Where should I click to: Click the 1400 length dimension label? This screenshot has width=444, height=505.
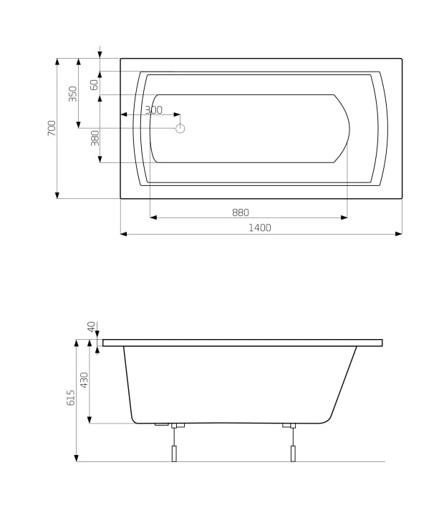(259, 227)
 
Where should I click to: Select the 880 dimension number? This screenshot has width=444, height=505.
(241, 212)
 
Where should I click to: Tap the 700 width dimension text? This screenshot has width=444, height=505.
(52, 128)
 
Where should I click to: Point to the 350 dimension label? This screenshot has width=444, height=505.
(72, 94)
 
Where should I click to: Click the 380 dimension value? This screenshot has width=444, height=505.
(95, 138)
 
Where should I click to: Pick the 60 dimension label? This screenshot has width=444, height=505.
(95, 84)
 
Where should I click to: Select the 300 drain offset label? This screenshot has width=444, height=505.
(153, 110)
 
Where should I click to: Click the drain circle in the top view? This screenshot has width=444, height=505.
(180, 128)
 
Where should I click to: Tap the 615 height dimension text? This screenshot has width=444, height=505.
(70, 398)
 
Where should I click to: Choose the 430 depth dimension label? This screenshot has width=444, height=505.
(84, 380)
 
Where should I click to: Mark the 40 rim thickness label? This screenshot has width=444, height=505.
(91, 326)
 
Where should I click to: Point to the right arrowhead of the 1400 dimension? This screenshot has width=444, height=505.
(398, 233)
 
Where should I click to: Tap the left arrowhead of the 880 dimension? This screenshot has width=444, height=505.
(153, 217)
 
